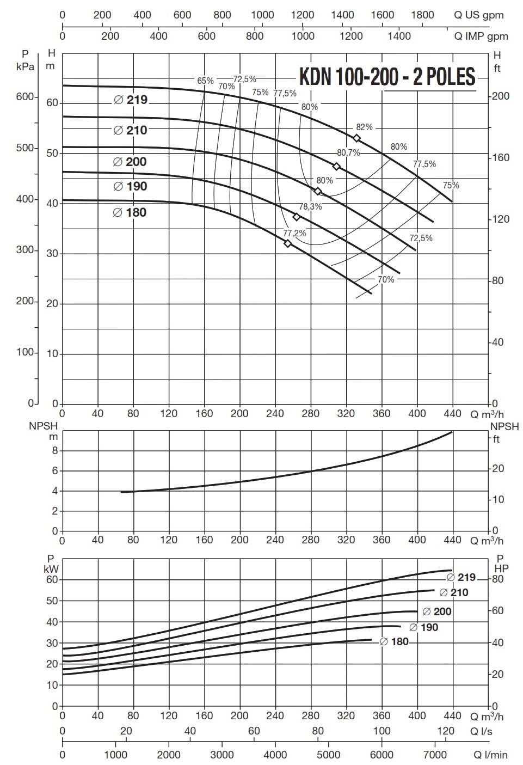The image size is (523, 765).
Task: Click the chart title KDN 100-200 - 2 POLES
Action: tap(387, 77)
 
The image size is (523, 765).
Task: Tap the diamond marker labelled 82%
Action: tap(356, 138)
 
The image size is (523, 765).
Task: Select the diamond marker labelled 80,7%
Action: tap(336, 166)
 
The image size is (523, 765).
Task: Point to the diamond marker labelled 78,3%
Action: tap(297, 217)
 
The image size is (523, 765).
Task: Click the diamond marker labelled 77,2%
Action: tap(288, 243)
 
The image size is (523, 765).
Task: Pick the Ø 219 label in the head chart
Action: tap(131, 100)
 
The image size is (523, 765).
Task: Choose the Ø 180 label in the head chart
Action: tap(130, 212)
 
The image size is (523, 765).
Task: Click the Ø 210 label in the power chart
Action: tap(453, 592)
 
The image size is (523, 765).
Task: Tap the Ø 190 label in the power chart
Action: tap(423, 627)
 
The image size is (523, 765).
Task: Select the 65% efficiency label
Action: tap(205, 81)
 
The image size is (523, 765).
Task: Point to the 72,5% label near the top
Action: tap(245, 79)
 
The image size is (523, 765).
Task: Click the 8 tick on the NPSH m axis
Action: tap(54, 451)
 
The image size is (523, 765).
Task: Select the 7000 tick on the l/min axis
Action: tap(433, 755)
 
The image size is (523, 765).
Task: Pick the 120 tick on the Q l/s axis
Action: tap(445, 731)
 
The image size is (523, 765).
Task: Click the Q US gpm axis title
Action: tap(479, 15)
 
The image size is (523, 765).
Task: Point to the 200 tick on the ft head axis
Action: tap(500, 96)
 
